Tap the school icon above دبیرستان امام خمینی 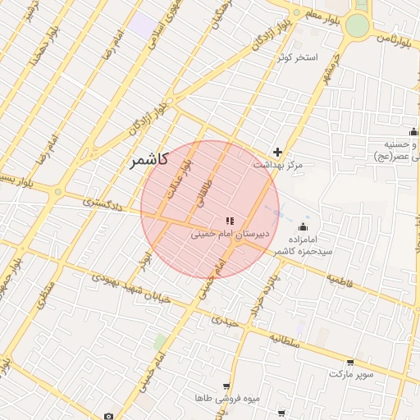tap(229, 220)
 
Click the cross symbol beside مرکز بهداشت tap(278, 152)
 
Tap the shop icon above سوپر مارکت tap(351, 362)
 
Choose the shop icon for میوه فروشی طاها tap(226, 386)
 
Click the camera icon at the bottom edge tap(108, 416)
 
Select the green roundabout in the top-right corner tap(357, 25)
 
